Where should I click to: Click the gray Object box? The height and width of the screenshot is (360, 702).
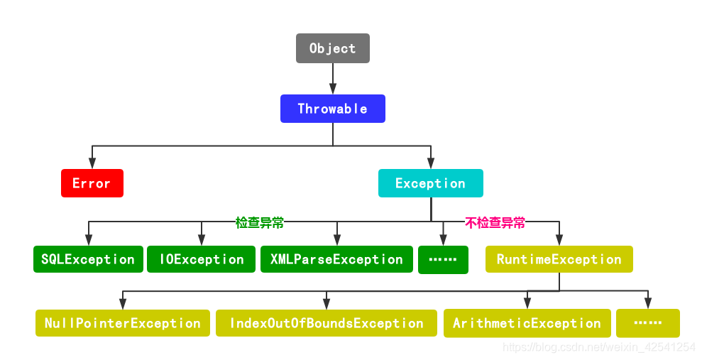click(332, 48)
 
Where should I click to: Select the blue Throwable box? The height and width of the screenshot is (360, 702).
click(332, 109)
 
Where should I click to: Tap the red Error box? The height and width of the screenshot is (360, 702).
click(92, 183)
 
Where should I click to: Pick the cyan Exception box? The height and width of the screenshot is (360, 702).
click(430, 183)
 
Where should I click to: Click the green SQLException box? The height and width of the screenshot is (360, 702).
click(88, 259)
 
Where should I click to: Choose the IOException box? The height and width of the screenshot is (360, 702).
click(202, 259)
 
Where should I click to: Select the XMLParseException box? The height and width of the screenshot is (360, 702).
click(336, 259)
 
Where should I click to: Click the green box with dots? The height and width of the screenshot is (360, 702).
click(443, 260)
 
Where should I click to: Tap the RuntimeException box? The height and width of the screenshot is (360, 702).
click(559, 259)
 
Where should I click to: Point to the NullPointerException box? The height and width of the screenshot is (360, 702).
click(123, 323)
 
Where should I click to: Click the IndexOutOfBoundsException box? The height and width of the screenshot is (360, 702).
click(327, 323)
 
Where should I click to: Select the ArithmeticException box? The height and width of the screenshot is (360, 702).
click(527, 323)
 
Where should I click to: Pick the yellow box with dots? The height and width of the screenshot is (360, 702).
click(647, 323)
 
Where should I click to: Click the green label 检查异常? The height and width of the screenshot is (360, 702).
click(260, 222)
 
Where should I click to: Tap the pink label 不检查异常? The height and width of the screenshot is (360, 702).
click(495, 222)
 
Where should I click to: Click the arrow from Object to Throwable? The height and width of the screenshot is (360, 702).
click(332, 79)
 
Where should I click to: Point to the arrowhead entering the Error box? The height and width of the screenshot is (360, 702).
click(92, 164)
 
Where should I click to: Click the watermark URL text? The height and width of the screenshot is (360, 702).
click(598, 347)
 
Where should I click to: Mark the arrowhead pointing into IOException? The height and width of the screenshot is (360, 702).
click(202, 241)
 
